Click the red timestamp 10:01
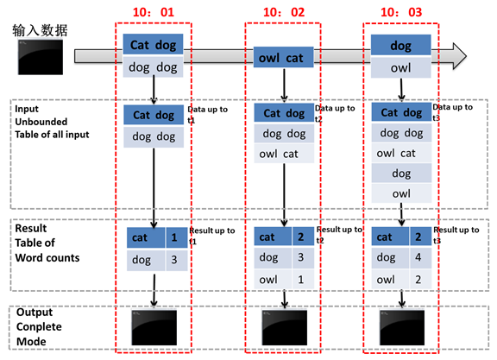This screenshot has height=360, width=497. point(154,12)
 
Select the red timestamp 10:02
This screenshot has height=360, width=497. point(284,12)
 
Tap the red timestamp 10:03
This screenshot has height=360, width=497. point(401,12)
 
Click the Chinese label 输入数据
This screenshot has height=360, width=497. point(40,30)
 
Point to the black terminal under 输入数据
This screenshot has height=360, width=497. point(41,57)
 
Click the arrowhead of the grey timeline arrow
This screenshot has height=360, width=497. point(460,56)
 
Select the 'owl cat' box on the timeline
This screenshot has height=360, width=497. point(283,57)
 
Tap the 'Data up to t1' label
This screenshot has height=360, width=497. point(207,115)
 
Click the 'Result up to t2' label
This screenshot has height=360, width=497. point(339,235)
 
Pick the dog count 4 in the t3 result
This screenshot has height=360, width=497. point(418,257)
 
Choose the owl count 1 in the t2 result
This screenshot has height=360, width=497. point(301,280)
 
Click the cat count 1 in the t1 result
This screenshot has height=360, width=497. point(174,237)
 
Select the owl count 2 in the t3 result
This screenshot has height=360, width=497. point(418,280)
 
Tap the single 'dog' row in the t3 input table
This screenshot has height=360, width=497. point(401,174)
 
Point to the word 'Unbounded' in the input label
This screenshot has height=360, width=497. point(41,122)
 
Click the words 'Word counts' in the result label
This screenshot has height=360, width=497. point(47,257)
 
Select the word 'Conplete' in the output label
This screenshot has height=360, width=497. point(39,327)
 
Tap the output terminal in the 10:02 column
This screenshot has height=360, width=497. point(285,328)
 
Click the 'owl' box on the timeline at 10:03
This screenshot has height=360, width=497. point(401,67)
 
